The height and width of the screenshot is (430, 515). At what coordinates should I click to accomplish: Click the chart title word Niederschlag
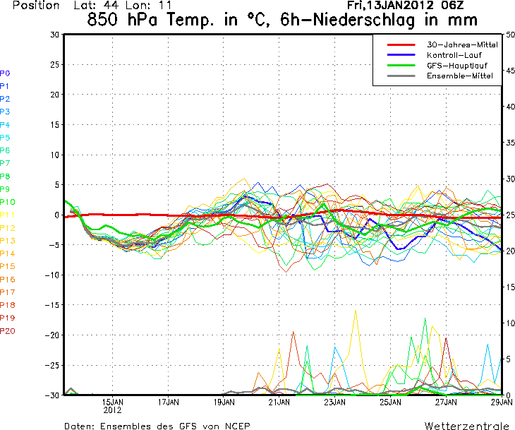(377, 20)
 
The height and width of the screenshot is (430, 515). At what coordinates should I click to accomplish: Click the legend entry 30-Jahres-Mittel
(462, 44)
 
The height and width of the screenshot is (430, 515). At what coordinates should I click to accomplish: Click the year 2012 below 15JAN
(113, 410)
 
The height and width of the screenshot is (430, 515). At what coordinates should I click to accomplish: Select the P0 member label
(6, 73)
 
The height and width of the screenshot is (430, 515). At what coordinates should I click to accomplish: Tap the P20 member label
(8, 330)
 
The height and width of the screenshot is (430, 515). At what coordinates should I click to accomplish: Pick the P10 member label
(8, 202)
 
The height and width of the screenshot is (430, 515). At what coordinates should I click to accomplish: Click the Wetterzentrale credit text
(466, 425)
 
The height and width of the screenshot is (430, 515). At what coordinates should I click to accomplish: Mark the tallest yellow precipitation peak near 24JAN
(356, 311)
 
